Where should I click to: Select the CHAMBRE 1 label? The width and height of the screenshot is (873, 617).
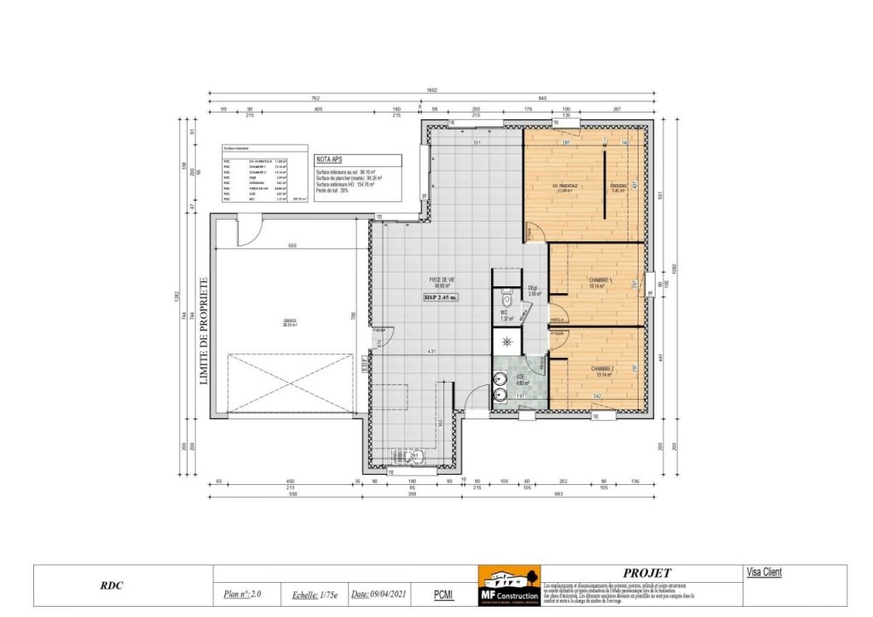coord(601,280)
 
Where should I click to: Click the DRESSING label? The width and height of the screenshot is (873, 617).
coord(619,186)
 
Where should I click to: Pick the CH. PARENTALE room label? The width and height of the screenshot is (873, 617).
coord(565,186)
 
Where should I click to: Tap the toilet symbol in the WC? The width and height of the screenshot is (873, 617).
coord(507,301)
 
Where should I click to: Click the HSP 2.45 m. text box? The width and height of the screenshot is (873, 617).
coord(441,298)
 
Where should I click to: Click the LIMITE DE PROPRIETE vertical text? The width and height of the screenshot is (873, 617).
coord(203,332)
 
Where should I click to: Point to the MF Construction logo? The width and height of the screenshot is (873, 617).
coord(508,585)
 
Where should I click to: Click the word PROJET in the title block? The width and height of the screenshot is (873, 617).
coord(647,573)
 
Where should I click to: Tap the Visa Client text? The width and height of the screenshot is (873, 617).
coord(763,573)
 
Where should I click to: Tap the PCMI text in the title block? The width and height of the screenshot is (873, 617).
coord(442,594)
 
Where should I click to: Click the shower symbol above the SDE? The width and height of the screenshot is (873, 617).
coord(507,339)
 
